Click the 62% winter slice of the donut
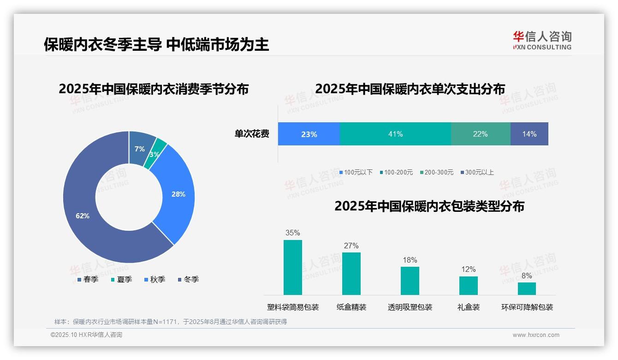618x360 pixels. tap(83, 216)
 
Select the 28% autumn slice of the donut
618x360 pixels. tap(178, 194)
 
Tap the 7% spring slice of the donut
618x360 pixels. tap(140, 149)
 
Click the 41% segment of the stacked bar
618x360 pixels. tap(395, 134)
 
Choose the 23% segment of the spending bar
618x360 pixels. tap(309, 134)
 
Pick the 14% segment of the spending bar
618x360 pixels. tap(529, 134)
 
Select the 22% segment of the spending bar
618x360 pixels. tap(480, 134)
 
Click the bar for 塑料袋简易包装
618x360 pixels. tap(293, 267)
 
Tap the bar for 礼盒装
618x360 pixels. tap(468, 285)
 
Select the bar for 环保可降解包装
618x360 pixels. tap(527, 288)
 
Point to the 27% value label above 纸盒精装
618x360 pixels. tap(351, 246)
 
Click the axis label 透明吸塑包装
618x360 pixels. tap(410, 307)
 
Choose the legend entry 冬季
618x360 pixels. tap(188, 279)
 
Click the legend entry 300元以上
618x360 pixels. tap(477, 172)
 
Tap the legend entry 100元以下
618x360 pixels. tap(356, 172)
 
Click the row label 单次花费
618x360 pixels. tap(252, 134)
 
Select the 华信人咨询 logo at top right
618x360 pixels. tap(542, 40)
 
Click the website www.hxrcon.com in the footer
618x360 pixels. tap(536, 335)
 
